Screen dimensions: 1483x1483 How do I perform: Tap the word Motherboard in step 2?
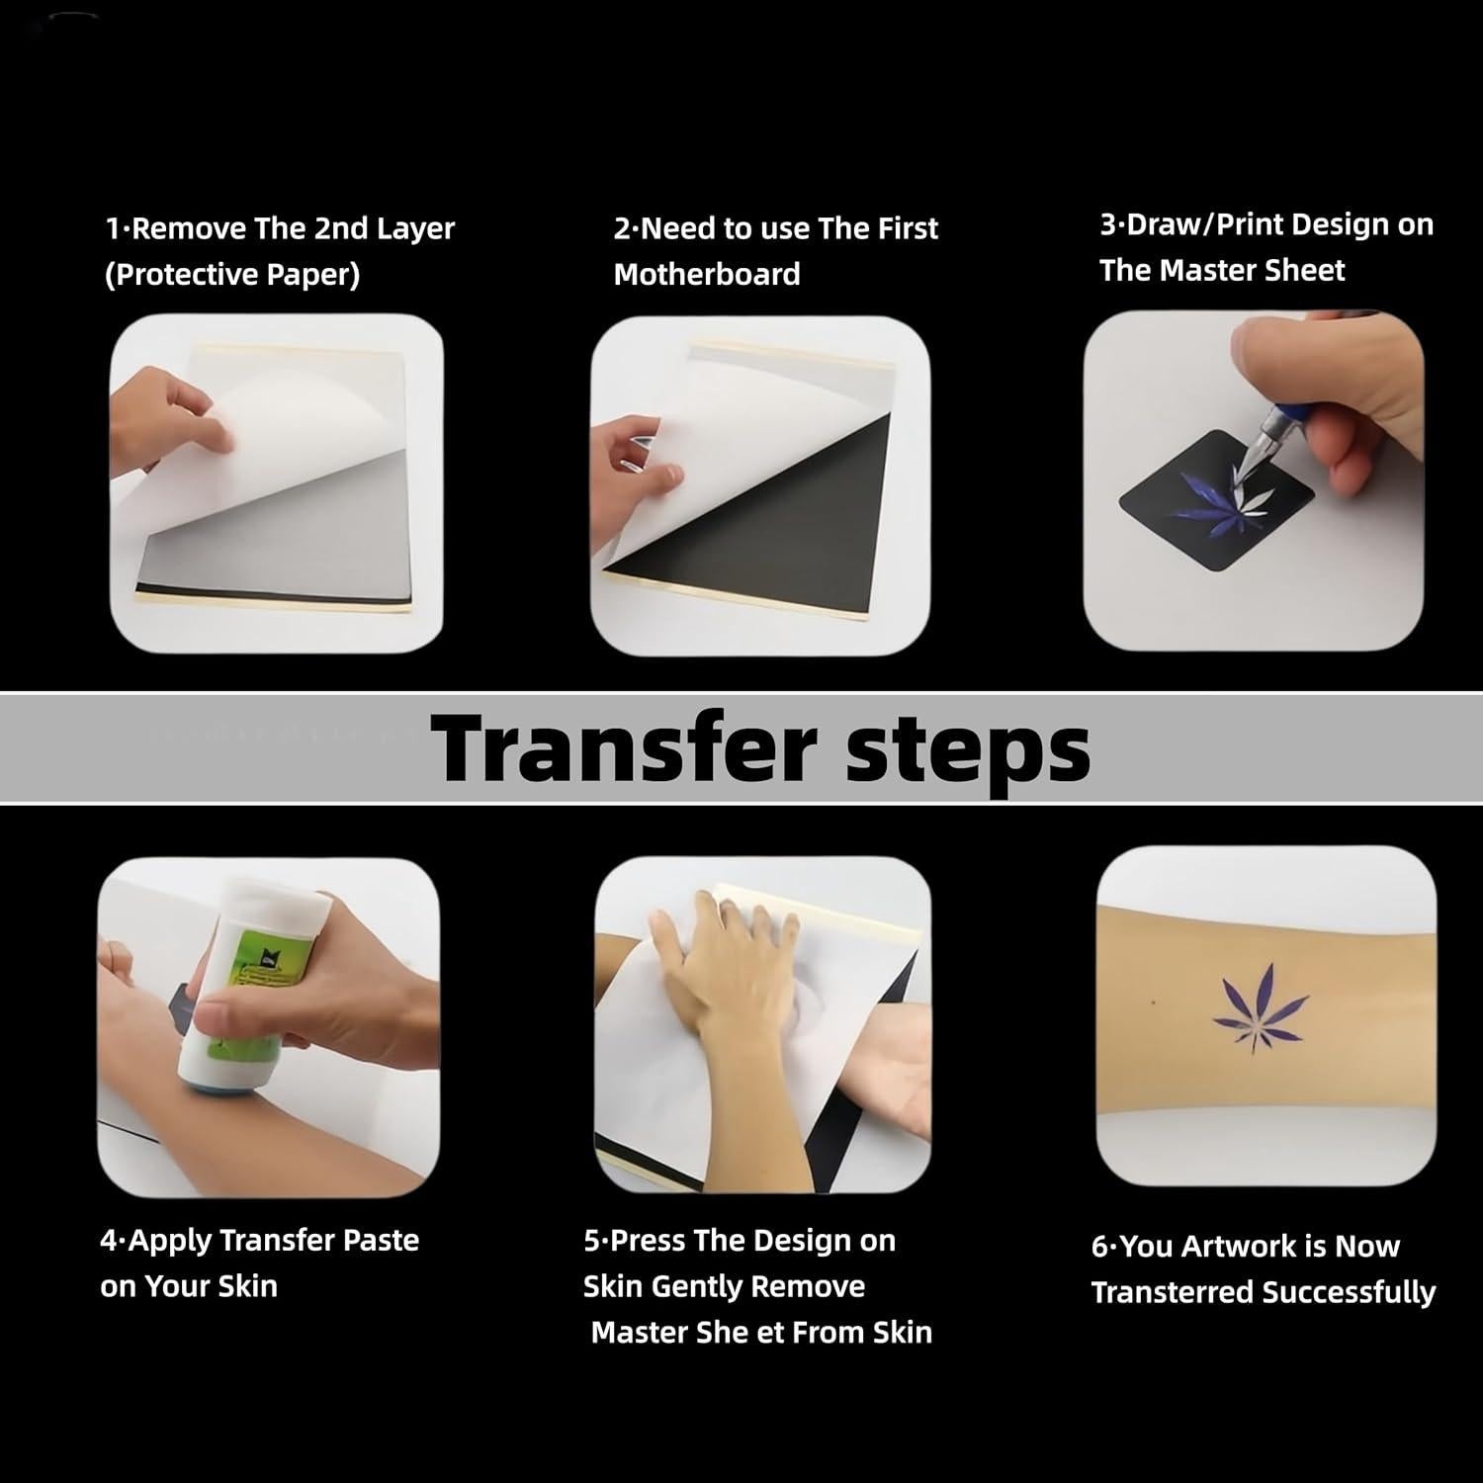point(707,274)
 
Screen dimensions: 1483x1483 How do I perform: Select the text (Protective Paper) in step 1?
point(232,274)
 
